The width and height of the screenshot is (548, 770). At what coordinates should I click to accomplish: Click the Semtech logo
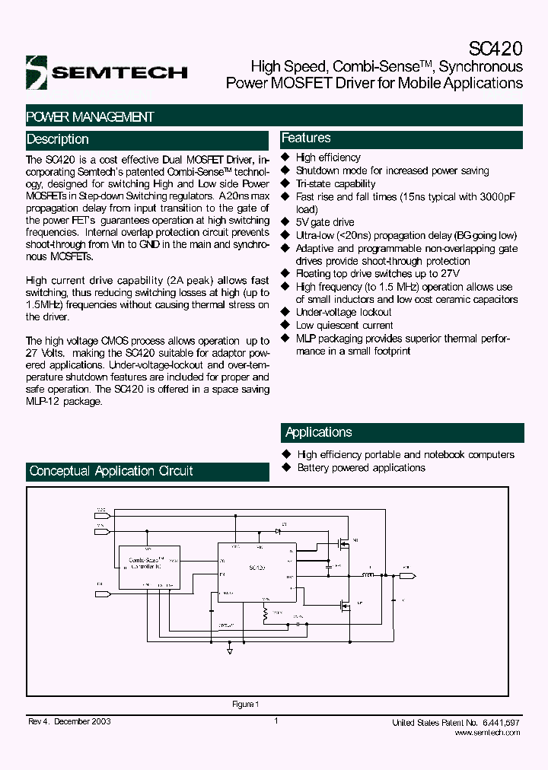pos(106,72)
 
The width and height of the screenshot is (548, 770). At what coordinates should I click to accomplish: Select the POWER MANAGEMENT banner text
pos(90,116)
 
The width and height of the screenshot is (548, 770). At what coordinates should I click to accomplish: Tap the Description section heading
pos(58,139)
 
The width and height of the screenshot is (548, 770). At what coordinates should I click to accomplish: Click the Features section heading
pos(306,138)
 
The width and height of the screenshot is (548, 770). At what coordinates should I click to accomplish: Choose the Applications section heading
pos(318,432)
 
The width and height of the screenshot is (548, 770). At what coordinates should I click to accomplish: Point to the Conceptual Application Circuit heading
pos(111,471)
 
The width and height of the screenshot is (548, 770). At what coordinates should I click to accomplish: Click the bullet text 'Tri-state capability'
pos(335,183)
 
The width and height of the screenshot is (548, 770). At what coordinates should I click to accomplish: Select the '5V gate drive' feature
pos(324,222)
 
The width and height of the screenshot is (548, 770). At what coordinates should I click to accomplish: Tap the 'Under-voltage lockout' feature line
pos(343,312)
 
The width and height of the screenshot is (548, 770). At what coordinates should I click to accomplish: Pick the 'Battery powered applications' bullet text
pos(361,467)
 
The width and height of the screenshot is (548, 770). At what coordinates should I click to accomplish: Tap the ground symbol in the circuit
pos(231,651)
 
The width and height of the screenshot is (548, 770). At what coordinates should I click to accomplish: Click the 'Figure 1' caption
pos(246,704)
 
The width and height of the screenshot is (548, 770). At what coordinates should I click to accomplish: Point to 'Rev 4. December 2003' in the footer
pos(68,721)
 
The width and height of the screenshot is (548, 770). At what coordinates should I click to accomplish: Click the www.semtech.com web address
pos(487,732)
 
